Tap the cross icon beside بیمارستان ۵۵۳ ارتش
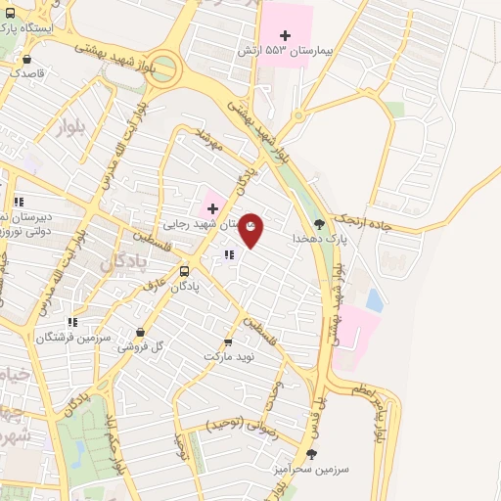point(285,36)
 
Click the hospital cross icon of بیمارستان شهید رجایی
point(211,208)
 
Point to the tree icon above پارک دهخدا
point(319,225)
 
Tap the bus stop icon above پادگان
point(185,271)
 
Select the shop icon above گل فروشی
point(143,332)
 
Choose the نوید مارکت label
point(228,356)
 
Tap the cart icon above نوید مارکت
point(228,342)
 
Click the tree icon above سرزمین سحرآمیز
point(312,454)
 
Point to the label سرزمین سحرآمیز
point(311,469)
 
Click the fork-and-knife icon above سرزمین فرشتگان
point(72,322)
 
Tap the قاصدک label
point(25,71)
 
